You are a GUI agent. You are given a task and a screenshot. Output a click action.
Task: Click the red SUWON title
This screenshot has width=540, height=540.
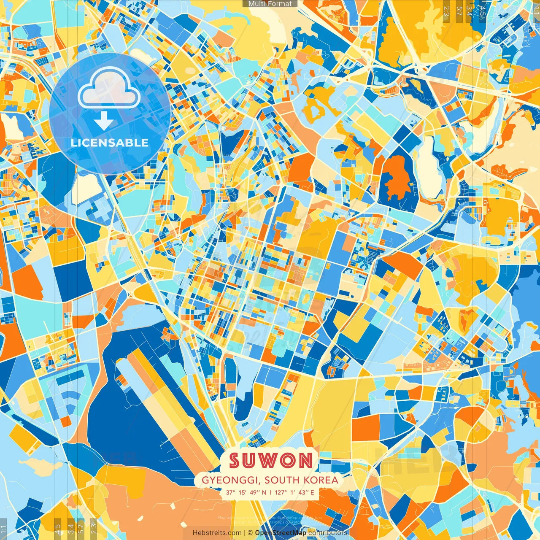[x=271, y=461]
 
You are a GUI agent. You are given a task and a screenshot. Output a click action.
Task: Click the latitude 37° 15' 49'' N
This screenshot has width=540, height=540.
[x=246, y=492]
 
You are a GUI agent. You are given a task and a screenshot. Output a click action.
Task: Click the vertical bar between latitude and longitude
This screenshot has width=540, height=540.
[x=270, y=492]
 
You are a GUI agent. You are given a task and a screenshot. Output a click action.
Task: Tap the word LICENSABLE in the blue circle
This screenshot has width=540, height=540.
[x=110, y=143]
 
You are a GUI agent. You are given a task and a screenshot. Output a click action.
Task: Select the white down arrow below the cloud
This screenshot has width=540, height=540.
[x=103, y=121]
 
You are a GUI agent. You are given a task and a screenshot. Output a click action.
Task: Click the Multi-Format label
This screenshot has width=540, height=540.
[x=270, y=4]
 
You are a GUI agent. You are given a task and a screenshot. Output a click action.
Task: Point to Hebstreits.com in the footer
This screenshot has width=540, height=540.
[x=217, y=533]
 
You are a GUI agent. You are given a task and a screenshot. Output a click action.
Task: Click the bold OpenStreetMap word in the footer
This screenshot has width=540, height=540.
[x=281, y=533]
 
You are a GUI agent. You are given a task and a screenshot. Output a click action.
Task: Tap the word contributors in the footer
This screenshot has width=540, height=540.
[x=327, y=533]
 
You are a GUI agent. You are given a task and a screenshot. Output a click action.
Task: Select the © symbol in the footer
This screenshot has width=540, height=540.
[x=250, y=533]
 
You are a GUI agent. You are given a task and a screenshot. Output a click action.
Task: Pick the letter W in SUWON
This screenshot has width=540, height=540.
[x=272, y=461]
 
